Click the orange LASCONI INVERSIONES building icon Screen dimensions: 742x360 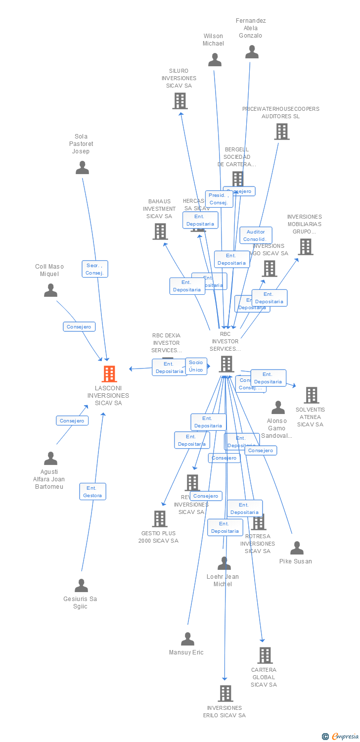[109, 374]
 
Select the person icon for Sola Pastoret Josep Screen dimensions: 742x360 [82, 168]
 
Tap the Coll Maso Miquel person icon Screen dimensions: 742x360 [50, 290]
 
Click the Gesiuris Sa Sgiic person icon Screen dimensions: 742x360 [81, 586]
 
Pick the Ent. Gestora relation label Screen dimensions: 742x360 [92, 492]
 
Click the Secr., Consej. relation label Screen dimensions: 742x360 [94, 269]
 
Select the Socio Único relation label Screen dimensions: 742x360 [196, 366]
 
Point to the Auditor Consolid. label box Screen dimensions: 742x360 [256, 235]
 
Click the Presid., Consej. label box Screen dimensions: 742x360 [218, 199]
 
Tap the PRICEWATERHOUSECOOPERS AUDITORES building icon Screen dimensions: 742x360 [281, 132]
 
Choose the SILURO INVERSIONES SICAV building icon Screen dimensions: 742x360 [180, 101]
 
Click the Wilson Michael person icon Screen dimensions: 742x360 [215, 60]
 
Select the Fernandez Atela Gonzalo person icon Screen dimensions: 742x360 [252, 52]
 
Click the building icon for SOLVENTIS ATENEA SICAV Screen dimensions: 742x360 [311, 395]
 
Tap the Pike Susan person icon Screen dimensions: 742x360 [297, 548]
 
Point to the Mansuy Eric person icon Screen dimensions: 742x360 [187, 639]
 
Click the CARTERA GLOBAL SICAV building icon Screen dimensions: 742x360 [265, 655]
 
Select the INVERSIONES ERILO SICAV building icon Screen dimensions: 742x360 [225, 694]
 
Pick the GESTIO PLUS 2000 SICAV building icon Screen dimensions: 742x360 [159, 519]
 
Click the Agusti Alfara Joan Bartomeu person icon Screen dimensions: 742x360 [50, 459]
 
